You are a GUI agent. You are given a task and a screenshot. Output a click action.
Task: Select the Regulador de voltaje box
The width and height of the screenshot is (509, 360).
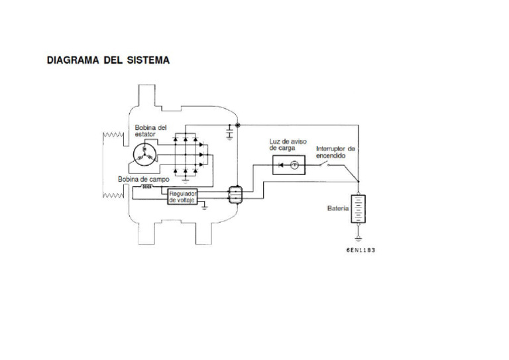182,196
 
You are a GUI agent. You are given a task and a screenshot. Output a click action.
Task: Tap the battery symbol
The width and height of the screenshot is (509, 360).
358,208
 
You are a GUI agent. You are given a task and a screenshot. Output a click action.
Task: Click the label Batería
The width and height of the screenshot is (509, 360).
338,208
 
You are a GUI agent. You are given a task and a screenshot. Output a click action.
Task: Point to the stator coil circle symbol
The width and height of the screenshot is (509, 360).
144,154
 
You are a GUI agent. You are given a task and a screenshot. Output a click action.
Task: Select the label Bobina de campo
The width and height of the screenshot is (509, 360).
143,179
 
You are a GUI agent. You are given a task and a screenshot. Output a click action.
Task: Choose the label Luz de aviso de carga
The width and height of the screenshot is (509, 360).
288,145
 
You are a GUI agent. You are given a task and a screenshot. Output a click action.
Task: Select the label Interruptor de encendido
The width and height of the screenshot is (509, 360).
335,152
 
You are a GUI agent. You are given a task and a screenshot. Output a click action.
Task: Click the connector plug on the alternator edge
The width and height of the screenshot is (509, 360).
235,195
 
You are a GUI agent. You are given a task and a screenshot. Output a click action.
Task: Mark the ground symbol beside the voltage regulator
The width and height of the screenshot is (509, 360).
205,207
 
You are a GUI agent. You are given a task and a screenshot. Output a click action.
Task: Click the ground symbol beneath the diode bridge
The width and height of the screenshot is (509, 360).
186,178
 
